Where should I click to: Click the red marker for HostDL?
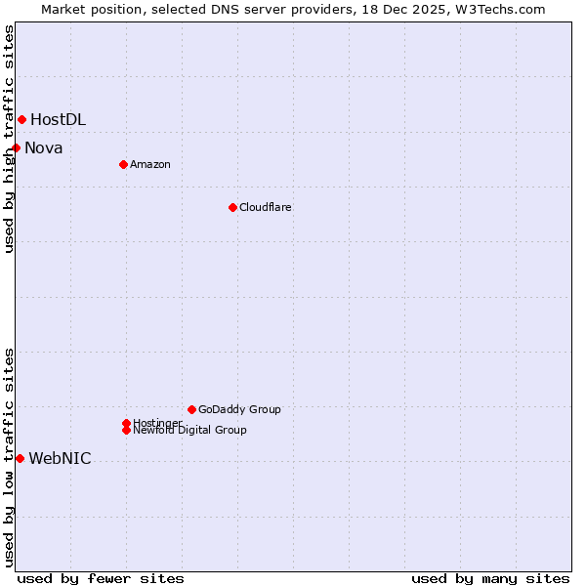point(21,119)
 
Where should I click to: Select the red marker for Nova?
point(16,147)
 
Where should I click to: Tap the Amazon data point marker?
point(123,164)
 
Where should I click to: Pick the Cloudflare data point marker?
point(232,207)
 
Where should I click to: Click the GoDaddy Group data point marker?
point(191,409)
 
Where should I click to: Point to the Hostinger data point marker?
point(126,423)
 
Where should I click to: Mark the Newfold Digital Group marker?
point(126,430)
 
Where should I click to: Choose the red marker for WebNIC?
point(20,458)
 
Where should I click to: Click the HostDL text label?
point(58,120)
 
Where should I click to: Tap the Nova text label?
point(44,148)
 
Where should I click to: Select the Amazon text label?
point(150,164)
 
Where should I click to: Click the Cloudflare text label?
point(266,207)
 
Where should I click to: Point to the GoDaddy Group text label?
point(239,409)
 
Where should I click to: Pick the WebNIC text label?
point(60,459)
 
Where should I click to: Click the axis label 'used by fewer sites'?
point(101,578)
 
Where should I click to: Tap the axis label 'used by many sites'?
point(490,578)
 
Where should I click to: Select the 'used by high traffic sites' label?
point(9,139)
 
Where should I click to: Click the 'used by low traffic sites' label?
point(9,457)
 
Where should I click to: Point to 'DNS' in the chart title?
point(219,9)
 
